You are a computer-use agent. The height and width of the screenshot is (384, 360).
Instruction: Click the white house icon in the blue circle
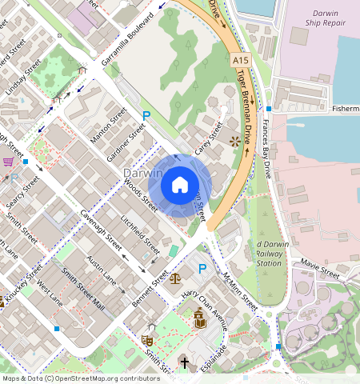point(180,186)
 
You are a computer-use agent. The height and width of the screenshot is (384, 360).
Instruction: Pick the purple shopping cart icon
point(9,161)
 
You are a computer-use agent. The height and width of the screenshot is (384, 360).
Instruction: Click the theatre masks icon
point(147,340)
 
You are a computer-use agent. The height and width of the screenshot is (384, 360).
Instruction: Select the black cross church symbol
point(184,363)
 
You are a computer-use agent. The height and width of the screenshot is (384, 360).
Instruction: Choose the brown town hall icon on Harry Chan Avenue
point(199,320)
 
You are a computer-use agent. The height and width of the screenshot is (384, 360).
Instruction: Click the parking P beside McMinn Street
point(202,268)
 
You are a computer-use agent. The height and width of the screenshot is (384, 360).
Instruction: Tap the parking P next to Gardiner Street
point(146,117)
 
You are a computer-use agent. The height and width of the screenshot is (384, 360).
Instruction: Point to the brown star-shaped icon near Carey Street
point(234,142)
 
